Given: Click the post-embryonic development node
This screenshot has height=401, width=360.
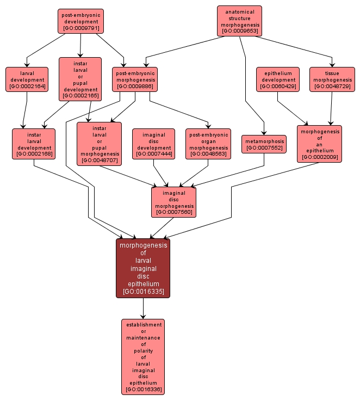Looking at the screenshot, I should [80, 21].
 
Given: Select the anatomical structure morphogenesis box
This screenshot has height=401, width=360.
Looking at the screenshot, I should [239, 21].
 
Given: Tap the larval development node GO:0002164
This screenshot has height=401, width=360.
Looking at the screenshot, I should [27, 79].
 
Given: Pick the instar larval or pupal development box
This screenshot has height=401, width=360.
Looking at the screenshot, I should [80, 79].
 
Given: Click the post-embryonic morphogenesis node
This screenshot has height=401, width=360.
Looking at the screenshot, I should [135, 79].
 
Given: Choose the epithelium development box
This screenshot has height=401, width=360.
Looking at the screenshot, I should [278, 79].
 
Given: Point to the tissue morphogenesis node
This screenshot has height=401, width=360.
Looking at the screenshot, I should [332, 79].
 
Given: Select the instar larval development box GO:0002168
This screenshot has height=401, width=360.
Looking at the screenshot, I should [34, 144].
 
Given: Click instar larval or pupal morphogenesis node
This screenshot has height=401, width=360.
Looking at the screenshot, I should [99, 144].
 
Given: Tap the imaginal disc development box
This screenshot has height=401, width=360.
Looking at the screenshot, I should [153, 144].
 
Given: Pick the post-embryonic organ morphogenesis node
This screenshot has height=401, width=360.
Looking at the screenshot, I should [208, 144].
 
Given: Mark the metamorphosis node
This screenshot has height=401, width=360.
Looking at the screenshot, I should [264, 144].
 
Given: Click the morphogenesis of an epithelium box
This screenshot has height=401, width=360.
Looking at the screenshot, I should [319, 144].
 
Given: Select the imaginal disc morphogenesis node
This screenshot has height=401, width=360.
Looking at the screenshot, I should [174, 202].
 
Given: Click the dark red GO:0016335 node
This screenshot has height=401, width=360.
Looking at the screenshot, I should [143, 268].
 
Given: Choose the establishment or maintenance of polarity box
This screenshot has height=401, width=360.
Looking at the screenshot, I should [143, 356].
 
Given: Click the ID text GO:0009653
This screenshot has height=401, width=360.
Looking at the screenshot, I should [239, 31].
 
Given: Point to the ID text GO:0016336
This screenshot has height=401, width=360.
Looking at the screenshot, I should [143, 390].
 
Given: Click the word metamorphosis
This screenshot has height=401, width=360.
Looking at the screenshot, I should [264, 141].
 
